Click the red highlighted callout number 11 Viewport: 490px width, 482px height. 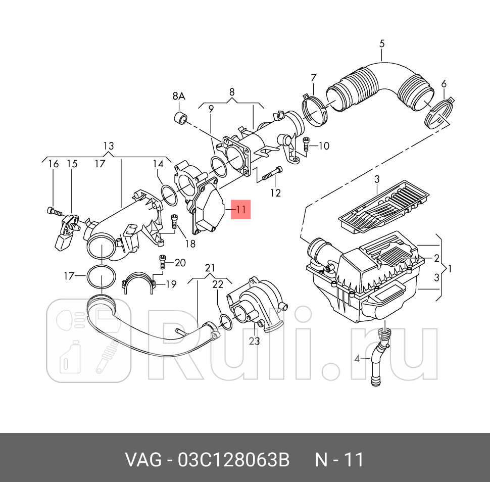pyautogui.click(x=240, y=209)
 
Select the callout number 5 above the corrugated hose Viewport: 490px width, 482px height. pyautogui.click(x=382, y=43)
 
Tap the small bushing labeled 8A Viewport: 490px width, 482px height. pyautogui.click(x=179, y=118)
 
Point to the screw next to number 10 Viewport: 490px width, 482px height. pyautogui.click(x=306, y=144)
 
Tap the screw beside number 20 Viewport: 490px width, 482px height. pyautogui.click(x=163, y=262)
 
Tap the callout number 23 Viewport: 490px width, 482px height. pyautogui.click(x=254, y=341)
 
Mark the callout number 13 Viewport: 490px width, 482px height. pyautogui.click(x=109, y=146)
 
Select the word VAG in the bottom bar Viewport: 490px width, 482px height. pyautogui.click(x=143, y=460)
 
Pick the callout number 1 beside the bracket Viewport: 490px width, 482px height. pyautogui.click(x=451, y=268)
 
